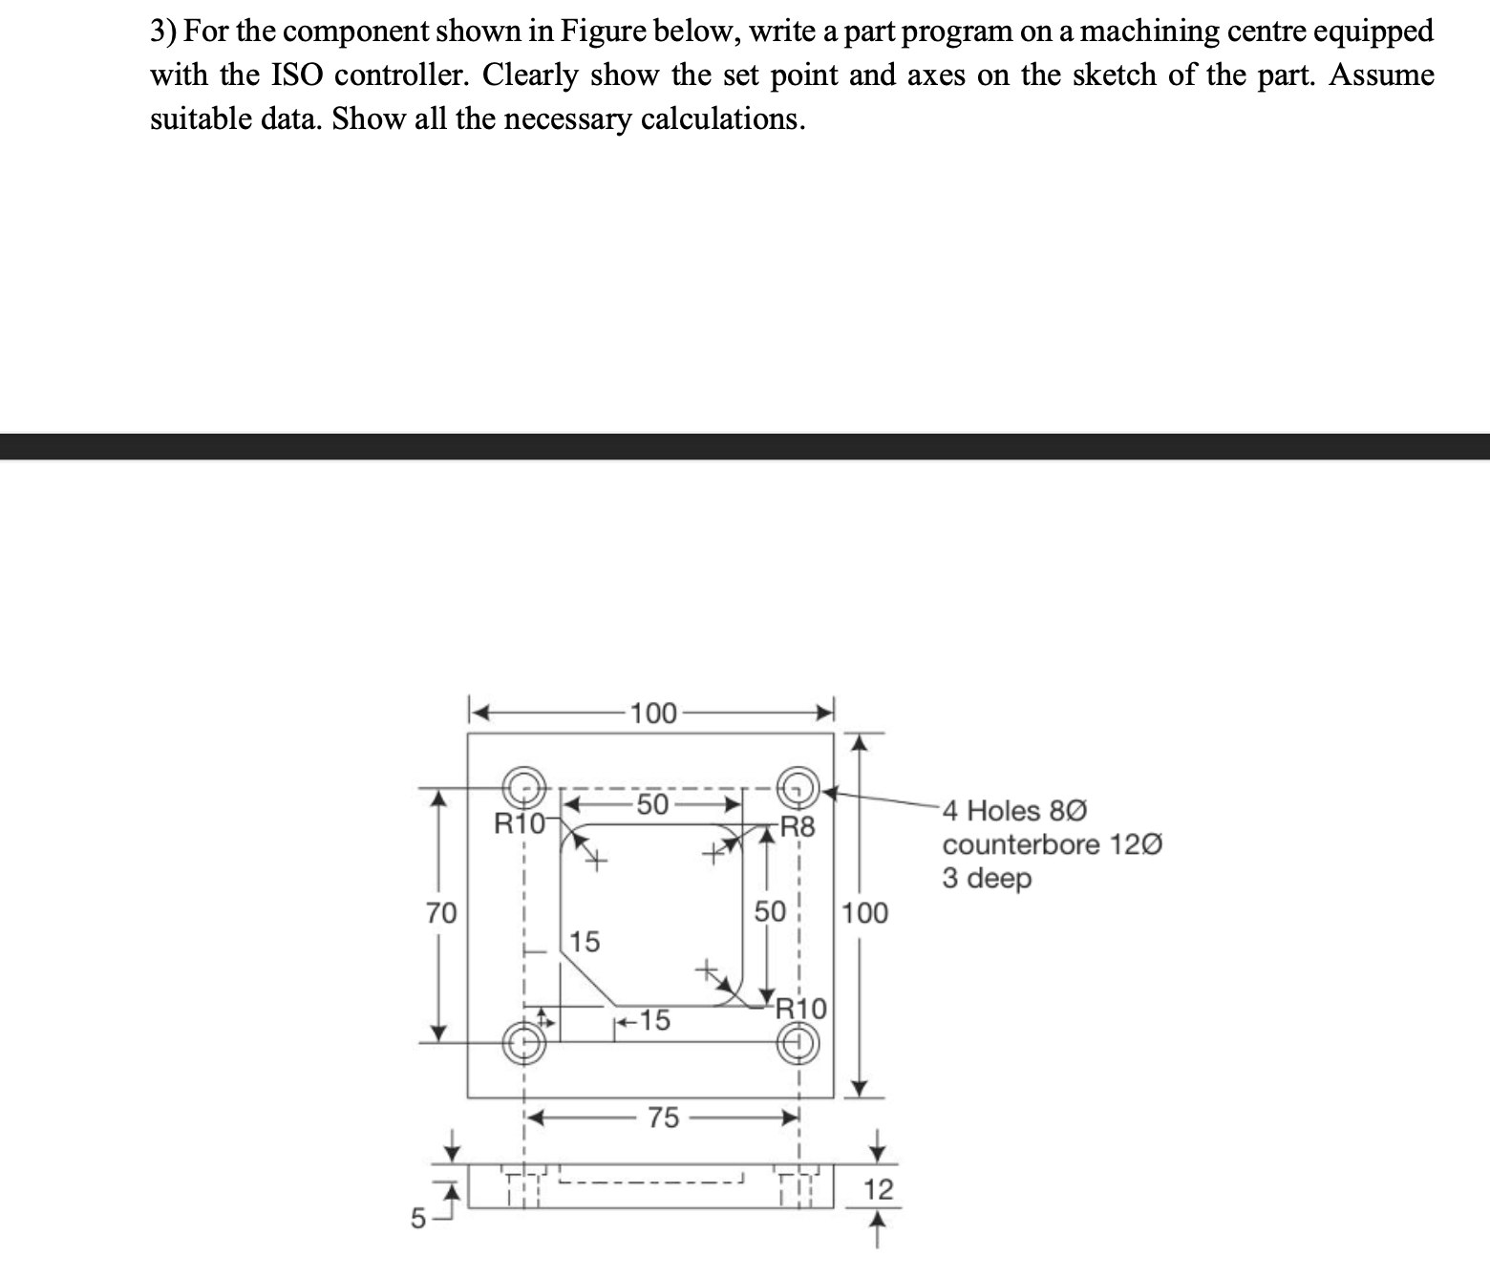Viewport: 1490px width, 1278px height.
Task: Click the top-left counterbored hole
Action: pos(522,787)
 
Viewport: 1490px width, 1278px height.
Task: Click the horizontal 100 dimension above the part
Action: pos(653,713)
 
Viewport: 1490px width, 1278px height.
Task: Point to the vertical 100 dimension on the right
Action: pos(865,913)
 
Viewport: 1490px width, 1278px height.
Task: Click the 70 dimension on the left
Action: pos(440,913)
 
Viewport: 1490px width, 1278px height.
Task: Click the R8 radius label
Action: pos(798,827)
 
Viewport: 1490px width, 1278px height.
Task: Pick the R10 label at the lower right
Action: pos(800,1009)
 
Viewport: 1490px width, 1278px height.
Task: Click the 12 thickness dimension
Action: pos(878,1190)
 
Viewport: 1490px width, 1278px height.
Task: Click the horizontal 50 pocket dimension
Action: pos(652,803)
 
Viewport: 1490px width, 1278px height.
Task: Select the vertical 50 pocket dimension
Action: pos(769,912)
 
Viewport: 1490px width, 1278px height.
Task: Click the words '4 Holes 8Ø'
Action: pos(1013,811)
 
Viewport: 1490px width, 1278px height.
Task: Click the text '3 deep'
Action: pos(987,879)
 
